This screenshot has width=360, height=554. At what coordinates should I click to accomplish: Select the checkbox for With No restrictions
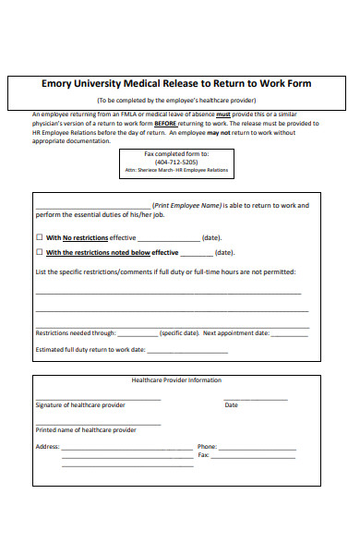[x=40, y=237]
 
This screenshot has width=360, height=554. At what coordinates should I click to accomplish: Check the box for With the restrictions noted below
[x=40, y=252]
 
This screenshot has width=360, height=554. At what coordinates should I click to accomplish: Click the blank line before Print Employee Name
[x=92, y=206]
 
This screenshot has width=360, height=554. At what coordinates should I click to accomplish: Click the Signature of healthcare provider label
[x=80, y=405]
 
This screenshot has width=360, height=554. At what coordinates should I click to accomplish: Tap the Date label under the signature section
[x=231, y=405]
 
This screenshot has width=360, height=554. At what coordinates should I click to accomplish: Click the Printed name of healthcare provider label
[x=85, y=429]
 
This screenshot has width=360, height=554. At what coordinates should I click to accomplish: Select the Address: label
[x=47, y=446]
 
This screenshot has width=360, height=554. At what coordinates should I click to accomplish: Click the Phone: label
[x=207, y=446]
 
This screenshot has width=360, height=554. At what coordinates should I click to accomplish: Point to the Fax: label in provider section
[x=203, y=455]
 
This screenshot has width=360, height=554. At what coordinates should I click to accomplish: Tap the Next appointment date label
[x=236, y=332]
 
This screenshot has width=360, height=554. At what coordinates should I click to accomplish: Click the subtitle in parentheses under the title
[x=176, y=100]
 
